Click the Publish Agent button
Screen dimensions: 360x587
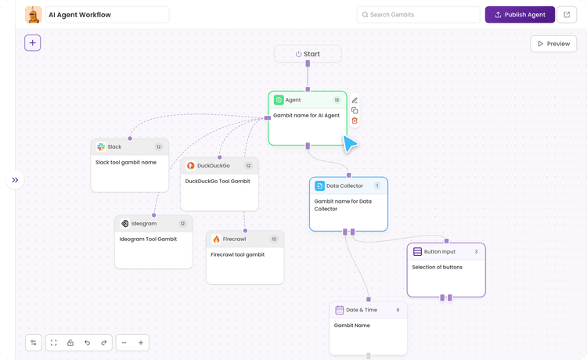click(520, 15)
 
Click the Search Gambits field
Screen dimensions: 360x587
click(419, 15)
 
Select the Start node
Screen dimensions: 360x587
click(308, 54)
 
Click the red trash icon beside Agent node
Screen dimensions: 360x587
click(355, 121)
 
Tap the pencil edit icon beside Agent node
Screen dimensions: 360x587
click(355, 100)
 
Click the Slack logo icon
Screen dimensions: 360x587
click(101, 147)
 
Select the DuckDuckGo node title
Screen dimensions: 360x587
click(213, 166)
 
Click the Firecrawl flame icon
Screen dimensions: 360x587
click(217, 239)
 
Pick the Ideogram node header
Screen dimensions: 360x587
click(153, 224)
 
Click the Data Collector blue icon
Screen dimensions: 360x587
click(319, 186)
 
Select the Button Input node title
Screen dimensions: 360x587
click(439, 252)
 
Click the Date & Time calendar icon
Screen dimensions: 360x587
click(339, 310)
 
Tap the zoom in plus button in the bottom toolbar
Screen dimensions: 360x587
click(141, 343)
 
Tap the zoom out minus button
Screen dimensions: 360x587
click(124, 343)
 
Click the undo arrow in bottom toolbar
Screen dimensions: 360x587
click(87, 343)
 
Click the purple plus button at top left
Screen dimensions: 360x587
click(32, 43)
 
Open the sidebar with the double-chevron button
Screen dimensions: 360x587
click(15, 180)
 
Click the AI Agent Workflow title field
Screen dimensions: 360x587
click(107, 15)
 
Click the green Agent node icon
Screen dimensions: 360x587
click(279, 100)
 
